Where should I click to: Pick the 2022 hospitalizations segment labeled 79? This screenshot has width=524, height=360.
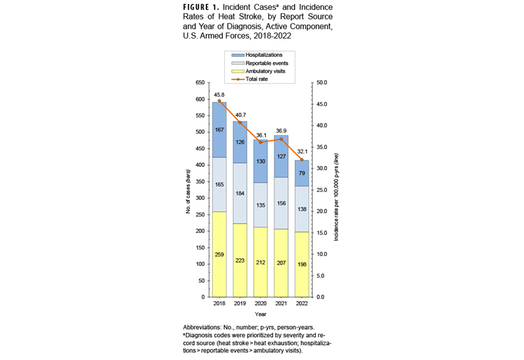point(302,173)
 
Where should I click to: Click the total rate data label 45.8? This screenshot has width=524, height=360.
point(219,94)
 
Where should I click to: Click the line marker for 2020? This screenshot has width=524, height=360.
point(261,142)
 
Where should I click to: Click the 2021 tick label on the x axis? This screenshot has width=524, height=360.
point(281,304)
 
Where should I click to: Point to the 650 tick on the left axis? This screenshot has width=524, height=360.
point(199,83)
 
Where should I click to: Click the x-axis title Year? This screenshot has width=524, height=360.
point(261,314)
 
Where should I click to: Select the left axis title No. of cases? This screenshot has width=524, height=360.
point(188,190)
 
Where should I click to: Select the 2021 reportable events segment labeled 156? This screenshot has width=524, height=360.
point(282,202)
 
